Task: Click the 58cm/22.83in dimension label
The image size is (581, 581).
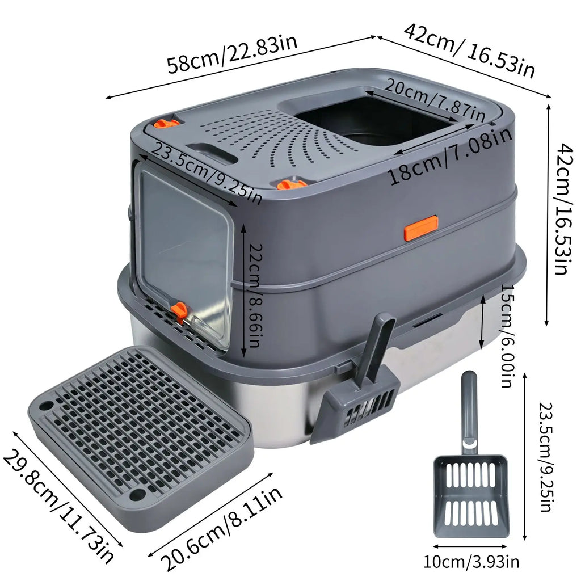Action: click(233, 54)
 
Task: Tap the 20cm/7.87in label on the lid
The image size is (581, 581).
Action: click(434, 100)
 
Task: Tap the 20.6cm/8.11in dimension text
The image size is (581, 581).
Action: click(222, 528)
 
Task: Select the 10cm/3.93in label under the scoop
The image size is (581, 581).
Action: click(471, 562)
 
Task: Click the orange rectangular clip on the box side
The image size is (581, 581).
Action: click(420, 227)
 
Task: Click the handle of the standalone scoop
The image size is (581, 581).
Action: click(469, 409)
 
